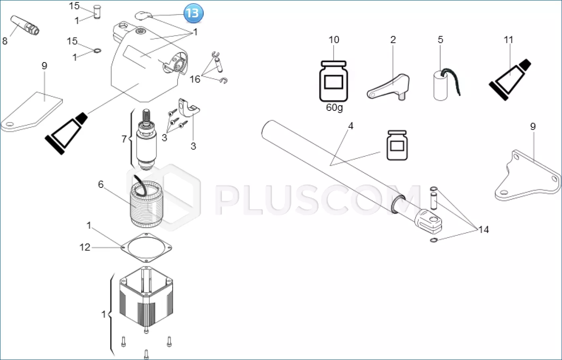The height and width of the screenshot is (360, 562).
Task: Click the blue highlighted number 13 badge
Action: click(x=193, y=13)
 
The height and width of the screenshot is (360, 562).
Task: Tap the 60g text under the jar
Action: click(x=334, y=108)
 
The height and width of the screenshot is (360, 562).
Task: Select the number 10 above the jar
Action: click(x=334, y=40)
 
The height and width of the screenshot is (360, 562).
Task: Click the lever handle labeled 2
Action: click(x=389, y=87)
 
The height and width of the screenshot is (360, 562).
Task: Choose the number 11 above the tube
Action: click(x=508, y=40)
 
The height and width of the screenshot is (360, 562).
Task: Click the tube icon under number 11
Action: click(x=510, y=79)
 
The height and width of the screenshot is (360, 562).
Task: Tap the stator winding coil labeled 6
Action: click(x=146, y=204)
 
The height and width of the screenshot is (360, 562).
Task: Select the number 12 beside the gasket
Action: click(x=85, y=247)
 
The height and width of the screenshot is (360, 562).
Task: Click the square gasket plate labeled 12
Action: click(x=146, y=248)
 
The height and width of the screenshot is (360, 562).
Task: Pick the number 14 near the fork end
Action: click(x=483, y=229)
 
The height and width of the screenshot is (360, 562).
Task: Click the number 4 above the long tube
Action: click(x=351, y=126)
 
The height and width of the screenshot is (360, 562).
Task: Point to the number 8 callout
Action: click(x=5, y=41)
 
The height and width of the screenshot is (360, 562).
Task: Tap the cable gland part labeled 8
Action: click(x=25, y=25)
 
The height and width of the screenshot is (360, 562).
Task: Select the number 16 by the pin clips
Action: click(x=195, y=79)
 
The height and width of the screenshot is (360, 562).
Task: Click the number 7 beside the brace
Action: click(x=124, y=139)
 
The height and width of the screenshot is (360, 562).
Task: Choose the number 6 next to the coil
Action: click(x=100, y=185)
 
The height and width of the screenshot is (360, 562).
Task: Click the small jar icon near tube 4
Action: click(x=397, y=145)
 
